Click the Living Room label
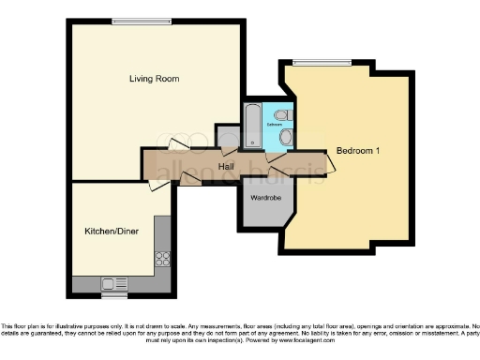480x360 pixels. (x=154, y=78)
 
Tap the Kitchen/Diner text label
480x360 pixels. (x=112, y=231)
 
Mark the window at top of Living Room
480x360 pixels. (x=141, y=21)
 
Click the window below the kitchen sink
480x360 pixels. (x=114, y=295)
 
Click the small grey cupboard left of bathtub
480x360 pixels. (x=228, y=138)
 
